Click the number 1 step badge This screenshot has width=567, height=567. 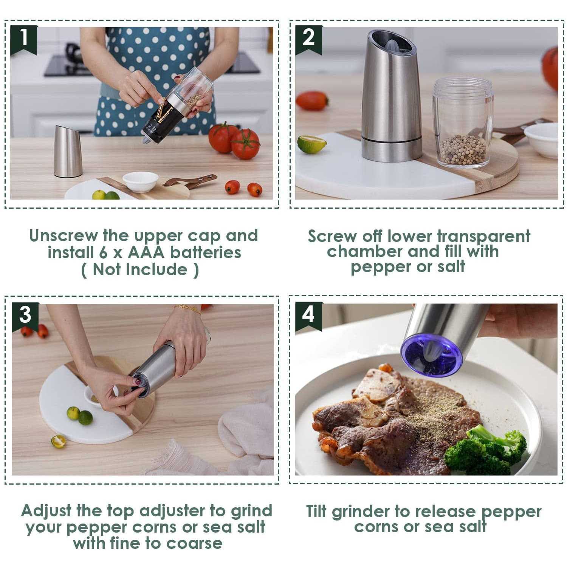click(24, 38)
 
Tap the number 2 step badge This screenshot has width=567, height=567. click(308, 38)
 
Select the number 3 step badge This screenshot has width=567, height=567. click(25, 315)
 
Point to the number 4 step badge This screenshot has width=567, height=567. click(308, 314)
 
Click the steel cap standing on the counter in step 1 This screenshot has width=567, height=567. click(68, 151)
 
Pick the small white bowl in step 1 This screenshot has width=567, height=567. click(140, 181)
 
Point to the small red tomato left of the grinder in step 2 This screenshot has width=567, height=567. click(312, 101)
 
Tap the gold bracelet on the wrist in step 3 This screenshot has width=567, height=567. click(188, 310)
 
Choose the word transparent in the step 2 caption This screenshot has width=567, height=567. click(483, 237)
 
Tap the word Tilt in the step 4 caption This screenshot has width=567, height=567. click(316, 512)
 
